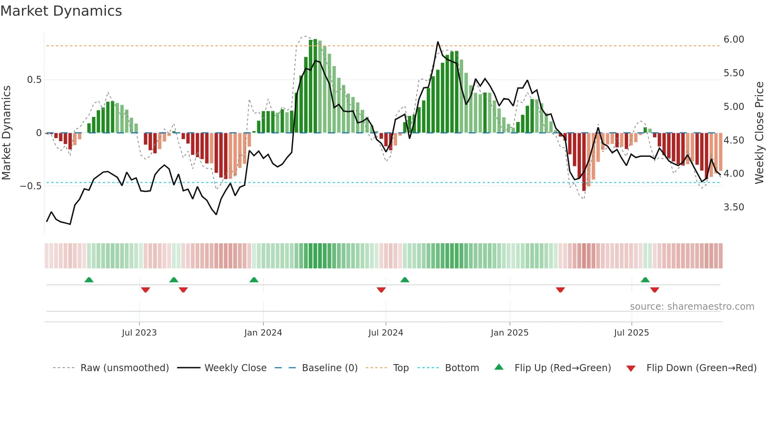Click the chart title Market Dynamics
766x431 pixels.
click(x=61, y=11)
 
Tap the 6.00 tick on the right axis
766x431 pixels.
click(x=734, y=40)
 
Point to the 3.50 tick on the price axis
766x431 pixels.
click(x=734, y=207)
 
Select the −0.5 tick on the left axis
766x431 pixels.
click(x=30, y=186)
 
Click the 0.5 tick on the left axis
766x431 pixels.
click(x=34, y=80)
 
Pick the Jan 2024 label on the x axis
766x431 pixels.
click(x=263, y=333)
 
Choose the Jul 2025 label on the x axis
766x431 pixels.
click(x=631, y=333)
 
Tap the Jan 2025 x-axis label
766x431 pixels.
click(x=509, y=333)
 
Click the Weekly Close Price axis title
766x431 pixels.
click(x=759, y=133)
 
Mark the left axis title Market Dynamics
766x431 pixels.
click(x=6, y=133)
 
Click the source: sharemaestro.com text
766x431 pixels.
click(x=692, y=307)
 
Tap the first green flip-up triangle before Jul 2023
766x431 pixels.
click(x=89, y=280)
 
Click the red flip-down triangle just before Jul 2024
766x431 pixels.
click(x=381, y=290)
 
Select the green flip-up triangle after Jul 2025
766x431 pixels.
click(x=645, y=280)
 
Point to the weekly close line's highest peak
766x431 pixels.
click(x=438, y=42)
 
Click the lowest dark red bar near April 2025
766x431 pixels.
click(x=584, y=188)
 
